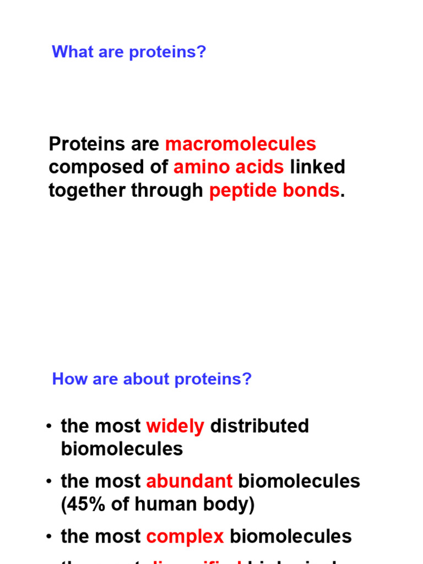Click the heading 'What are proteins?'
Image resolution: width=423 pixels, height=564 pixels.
[128, 52]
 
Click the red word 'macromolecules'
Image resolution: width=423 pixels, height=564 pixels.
[241, 144]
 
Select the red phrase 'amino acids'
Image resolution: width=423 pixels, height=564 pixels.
[229, 167]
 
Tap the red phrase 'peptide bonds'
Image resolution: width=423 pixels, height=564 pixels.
[274, 190]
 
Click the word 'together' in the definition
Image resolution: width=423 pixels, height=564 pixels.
[87, 190]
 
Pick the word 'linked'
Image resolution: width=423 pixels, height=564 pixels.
[317, 167]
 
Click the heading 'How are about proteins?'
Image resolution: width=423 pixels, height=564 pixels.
[151, 379]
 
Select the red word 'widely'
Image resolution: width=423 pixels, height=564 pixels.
[175, 426]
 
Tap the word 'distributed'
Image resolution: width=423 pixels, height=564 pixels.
[259, 426]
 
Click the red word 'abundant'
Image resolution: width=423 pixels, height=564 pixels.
[189, 481]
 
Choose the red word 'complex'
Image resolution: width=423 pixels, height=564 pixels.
[185, 536]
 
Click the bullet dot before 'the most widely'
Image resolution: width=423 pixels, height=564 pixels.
[50, 426]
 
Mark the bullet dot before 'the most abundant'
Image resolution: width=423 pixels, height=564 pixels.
[50, 481]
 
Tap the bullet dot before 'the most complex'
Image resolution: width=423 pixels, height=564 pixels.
[50, 536]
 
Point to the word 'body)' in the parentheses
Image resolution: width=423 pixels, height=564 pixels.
[231, 505]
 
